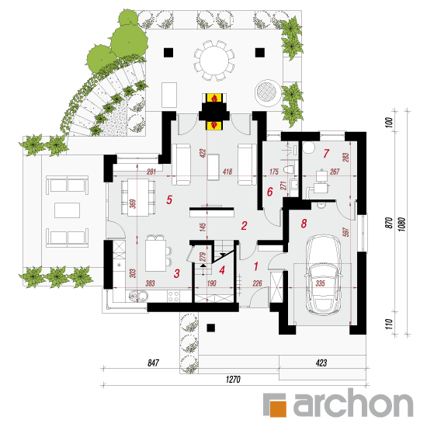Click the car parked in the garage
[x=323, y=275]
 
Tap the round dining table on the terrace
[x=213, y=61]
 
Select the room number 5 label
[x=169, y=200]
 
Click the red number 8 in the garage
[x=304, y=224]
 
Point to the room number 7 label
[x=326, y=153]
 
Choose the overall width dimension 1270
[x=233, y=379]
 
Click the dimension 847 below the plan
[x=153, y=363]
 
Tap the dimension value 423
[x=321, y=363]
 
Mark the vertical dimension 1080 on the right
[x=402, y=224]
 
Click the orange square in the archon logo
[x=278, y=408]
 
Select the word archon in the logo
[x=353, y=403]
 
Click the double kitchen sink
[x=138, y=296]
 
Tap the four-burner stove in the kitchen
[x=173, y=297]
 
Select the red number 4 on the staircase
[x=222, y=270]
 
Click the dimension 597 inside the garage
[x=345, y=232]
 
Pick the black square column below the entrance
[x=210, y=328]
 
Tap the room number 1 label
[x=256, y=266]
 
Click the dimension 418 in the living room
[x=227, y=172]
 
